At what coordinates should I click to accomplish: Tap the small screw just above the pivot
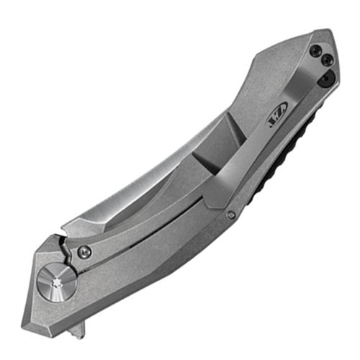[x=86, y=251]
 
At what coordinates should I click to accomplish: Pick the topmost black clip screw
[x=317, y=50]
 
